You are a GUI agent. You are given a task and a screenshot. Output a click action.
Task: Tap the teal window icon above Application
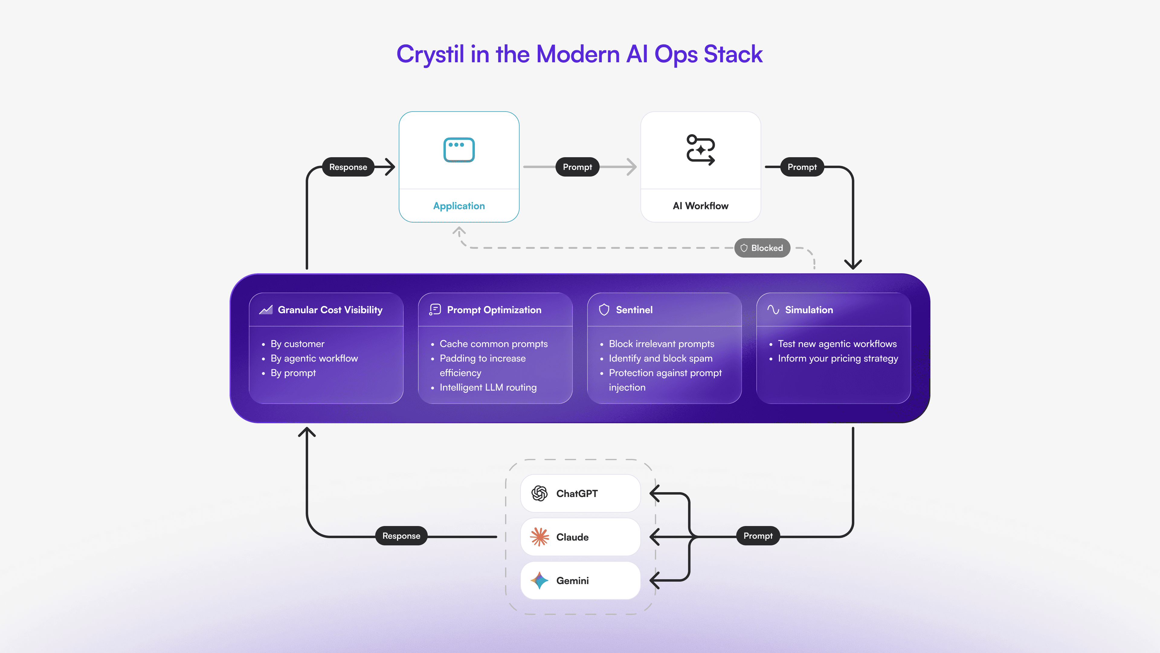click(x=459, y=150)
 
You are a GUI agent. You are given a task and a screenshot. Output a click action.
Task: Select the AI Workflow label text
click(x=700, y=206)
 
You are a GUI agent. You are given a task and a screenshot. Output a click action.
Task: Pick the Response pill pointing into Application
click(x=348, y=167)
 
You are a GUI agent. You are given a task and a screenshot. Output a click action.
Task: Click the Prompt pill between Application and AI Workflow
click(x=577, y=167)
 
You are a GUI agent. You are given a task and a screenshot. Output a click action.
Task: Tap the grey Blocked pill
click(x=762, y=248)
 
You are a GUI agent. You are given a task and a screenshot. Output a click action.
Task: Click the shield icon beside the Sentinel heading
click(x=604, y=310)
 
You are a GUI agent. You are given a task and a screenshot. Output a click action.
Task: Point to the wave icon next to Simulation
click(x=773, y=310)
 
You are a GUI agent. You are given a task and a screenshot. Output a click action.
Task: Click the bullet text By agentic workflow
click(x=314, y=358)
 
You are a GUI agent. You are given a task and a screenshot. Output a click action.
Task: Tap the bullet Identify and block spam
click(x=661, y=358)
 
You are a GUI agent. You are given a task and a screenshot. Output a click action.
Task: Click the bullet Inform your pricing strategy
click(x=838, y=358)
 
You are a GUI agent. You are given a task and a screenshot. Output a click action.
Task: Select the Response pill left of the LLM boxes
click(x=401, y=536)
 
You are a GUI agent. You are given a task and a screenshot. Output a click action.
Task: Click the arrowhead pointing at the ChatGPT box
click(x=654, y=493)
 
